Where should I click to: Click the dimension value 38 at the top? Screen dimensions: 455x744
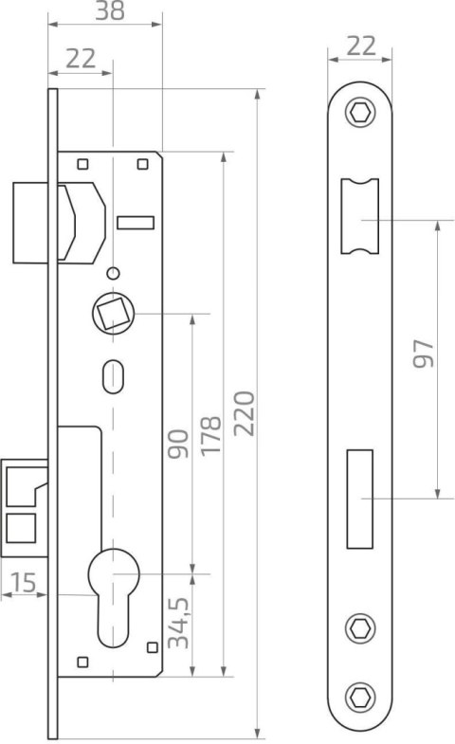(110, 11)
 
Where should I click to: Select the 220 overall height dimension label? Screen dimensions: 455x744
(246, 413)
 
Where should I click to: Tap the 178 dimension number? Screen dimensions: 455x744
(211, 436)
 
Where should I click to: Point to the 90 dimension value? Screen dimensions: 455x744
(179, 444)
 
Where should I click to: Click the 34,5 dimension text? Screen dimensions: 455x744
(179, 623)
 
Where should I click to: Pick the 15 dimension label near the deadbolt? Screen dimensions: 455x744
(24, 583)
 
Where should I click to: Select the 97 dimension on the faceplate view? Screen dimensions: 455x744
(423, 354)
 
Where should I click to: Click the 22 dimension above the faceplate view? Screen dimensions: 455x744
(361, 46)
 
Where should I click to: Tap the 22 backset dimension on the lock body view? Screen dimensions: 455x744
(81, 59)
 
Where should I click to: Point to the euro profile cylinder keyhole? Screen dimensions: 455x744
(114, 597)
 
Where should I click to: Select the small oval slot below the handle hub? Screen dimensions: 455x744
(114, 377)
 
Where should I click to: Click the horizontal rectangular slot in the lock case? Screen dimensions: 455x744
(136, 223)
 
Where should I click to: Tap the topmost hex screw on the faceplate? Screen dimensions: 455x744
(360, 113)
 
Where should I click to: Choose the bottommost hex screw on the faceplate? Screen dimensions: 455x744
(360, 698)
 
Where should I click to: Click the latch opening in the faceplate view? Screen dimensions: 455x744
(360, 216)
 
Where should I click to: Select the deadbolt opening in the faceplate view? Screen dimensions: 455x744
(359, 499)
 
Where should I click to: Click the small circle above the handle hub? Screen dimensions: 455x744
(113, 273)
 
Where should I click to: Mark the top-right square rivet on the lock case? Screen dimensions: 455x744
(142, 164)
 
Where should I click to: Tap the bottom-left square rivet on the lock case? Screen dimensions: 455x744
(82, 662)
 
